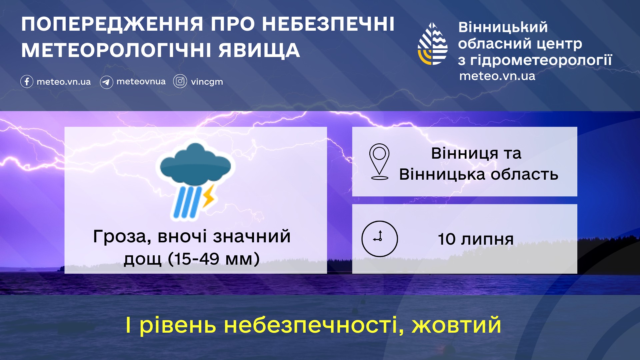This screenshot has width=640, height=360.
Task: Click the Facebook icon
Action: click(27, 81)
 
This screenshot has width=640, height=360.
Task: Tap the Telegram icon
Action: click(106, 82)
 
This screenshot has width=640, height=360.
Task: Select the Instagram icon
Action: click(180, 81)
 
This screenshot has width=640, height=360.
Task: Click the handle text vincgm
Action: click(207, 82)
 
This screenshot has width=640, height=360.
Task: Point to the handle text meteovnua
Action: click(141, 81)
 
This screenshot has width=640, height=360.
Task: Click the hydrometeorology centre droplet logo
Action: click(432, 44)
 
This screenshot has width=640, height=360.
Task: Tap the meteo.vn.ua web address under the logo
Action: click(497, 76)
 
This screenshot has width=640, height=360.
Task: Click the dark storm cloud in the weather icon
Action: click(195, 163)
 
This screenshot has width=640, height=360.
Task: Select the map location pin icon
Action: click(379, 162)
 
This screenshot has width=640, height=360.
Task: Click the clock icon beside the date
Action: click(380, 239)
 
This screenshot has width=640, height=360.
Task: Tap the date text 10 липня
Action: click(476, 239)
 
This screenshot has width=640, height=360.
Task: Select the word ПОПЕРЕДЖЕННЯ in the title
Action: click(112, 24)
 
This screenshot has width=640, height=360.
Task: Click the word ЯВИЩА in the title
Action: click(259, 51)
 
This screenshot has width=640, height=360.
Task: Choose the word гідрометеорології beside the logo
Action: click(541, 60)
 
